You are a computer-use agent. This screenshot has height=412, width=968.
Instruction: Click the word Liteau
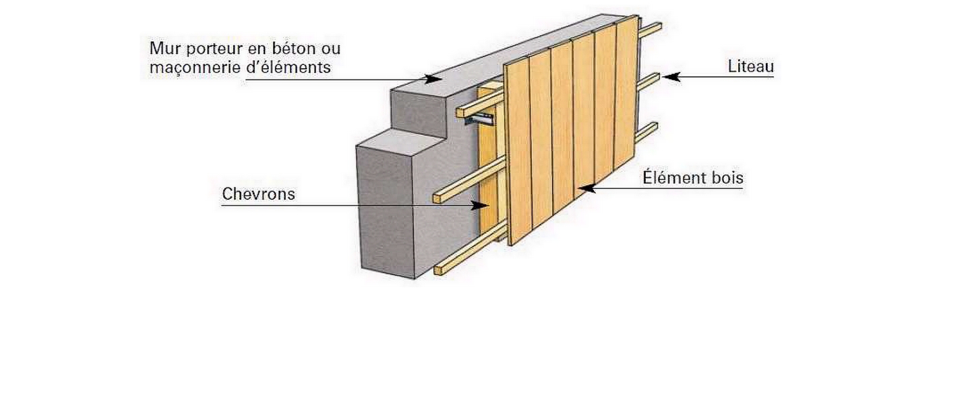(750, 67)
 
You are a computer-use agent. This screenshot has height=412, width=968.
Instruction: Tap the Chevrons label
(258, 194)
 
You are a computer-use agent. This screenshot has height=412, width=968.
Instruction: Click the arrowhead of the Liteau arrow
(669, 78)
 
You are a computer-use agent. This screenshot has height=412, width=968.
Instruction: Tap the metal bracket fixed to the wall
(479, 121)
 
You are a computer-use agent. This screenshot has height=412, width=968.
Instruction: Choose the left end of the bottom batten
(439, 270)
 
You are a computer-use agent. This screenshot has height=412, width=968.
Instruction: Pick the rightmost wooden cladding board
(626, 101)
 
